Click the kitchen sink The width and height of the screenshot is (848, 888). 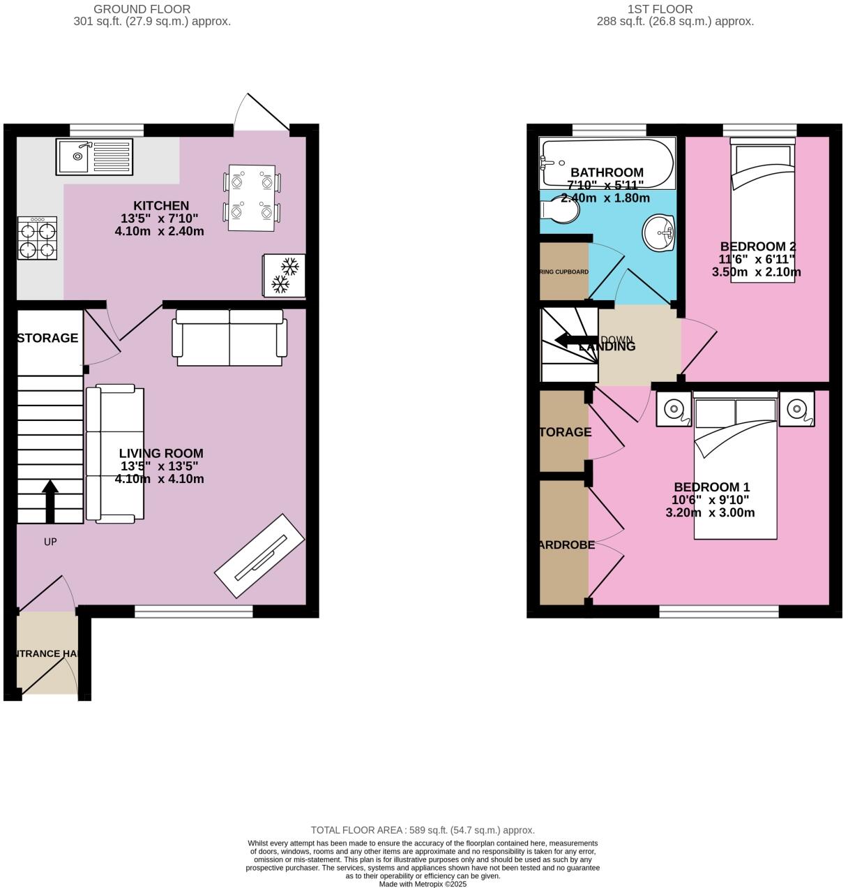pyautogui.click(x=94, y=157)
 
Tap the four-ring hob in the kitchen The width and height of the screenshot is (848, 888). pyautogui.click(x=37, y=239)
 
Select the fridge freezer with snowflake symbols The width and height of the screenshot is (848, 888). pyautogui.click(x=284, y=275)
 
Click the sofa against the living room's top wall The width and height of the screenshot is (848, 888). pyautogui.click(x=230, y=338)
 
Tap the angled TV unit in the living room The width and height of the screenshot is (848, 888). pyautogui.click(x=259, y=556)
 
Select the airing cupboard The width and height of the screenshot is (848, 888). pyautogui.click(x=564, y=271)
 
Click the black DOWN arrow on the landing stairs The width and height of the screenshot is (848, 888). pyautogui.click(x=570, y=341)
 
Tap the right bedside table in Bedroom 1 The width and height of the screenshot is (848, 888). pyautogui.click(x=796, y=409)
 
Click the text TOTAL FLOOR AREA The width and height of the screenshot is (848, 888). pyautogui.click(x=356, y=830)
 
